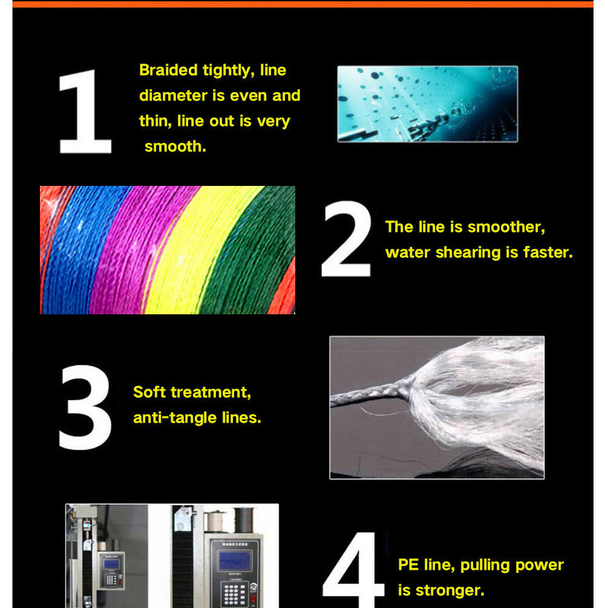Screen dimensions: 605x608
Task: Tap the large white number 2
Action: pos(346,239)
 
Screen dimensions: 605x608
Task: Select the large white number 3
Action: pos(85,407)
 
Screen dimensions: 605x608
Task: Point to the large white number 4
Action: pos(353,569)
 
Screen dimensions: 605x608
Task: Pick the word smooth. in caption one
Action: pos(175,147)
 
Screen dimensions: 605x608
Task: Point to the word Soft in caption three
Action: pos(149,392)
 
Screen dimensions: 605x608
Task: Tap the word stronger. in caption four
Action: pos(450,590)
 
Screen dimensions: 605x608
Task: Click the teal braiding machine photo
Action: pos(428,104)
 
